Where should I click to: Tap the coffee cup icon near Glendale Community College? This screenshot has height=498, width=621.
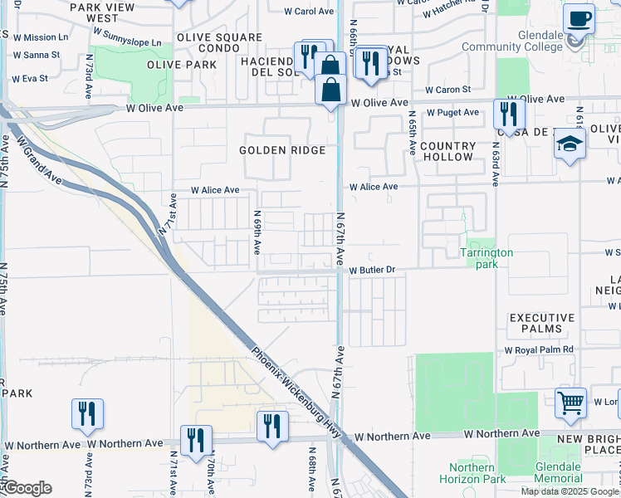tap(579, 18)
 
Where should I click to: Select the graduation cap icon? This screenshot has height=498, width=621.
tap(570, 144)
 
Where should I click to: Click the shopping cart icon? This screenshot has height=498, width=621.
tap(571, 404)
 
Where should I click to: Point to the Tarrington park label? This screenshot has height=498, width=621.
tap(487, 258)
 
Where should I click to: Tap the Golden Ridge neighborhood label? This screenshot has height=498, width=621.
tap(282, 150)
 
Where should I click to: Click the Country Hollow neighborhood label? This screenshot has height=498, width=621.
tap(447, 151)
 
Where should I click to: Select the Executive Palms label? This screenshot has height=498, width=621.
tap(542, 324)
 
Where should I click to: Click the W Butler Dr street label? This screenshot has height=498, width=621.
tap(374, 271)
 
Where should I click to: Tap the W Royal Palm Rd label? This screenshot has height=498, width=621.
tap(540, 350)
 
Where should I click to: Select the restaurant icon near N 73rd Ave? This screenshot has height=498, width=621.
tap(87, 414)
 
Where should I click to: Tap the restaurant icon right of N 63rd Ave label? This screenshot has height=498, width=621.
tap(506, 115)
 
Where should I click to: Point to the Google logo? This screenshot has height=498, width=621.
tap(27, 488)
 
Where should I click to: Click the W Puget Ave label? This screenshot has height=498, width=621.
tap(453, 113)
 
